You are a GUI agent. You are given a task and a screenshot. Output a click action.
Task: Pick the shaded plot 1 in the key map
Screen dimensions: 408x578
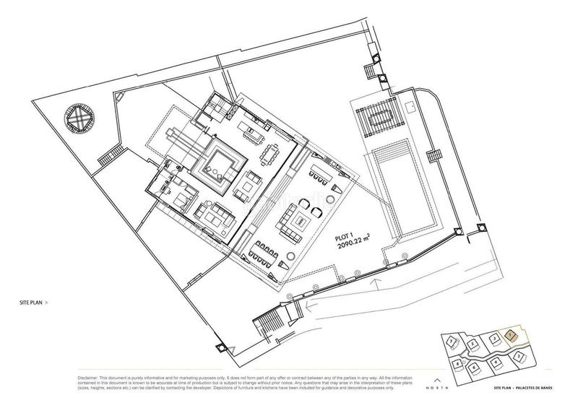511,335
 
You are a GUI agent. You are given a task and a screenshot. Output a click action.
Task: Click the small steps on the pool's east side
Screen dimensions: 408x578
434,156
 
